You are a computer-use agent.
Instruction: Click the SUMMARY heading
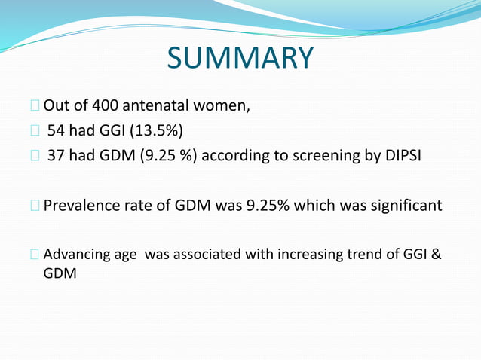pyautogui.click(x=240, y=58)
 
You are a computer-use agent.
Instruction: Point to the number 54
pyautogui.click(x=57, y=131)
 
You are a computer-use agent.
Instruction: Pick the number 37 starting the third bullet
pyautogui.click(x=57, y=157)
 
